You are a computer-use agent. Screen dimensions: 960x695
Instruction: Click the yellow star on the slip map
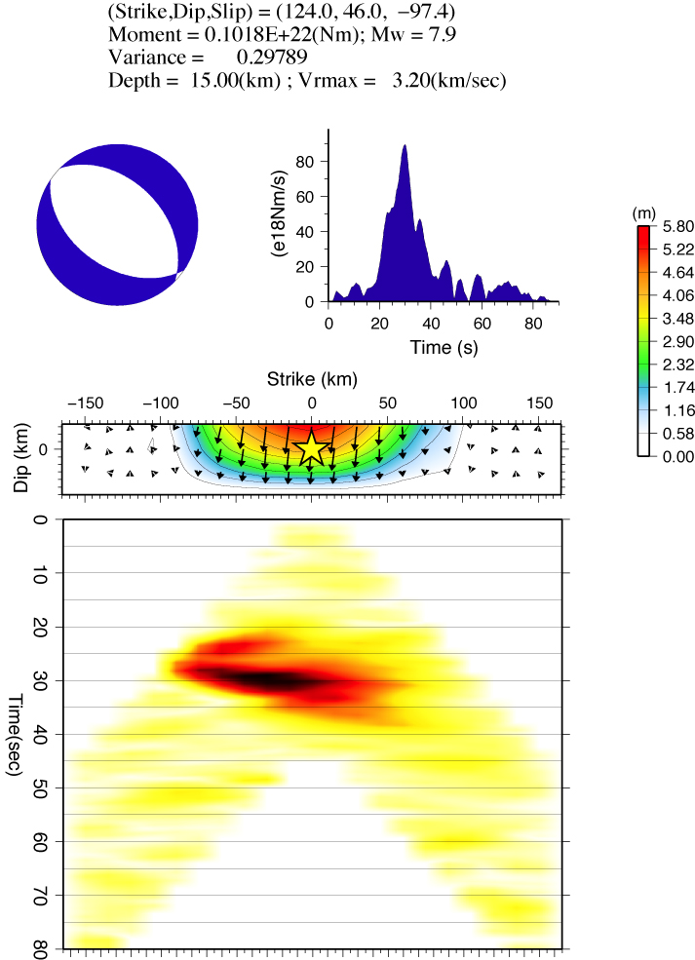311,448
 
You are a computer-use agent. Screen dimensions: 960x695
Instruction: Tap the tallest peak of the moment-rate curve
405,146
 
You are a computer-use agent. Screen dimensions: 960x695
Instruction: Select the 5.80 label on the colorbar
675,225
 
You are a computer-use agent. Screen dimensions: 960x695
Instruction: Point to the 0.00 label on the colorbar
675,455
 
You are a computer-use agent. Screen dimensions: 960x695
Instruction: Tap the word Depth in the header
134,81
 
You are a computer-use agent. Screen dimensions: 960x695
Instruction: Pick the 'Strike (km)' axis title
311,378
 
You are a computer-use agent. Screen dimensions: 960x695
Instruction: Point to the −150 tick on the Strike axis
85,403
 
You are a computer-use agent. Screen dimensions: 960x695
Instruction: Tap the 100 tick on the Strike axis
463,403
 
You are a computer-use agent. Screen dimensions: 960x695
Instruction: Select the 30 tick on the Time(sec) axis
40,679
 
